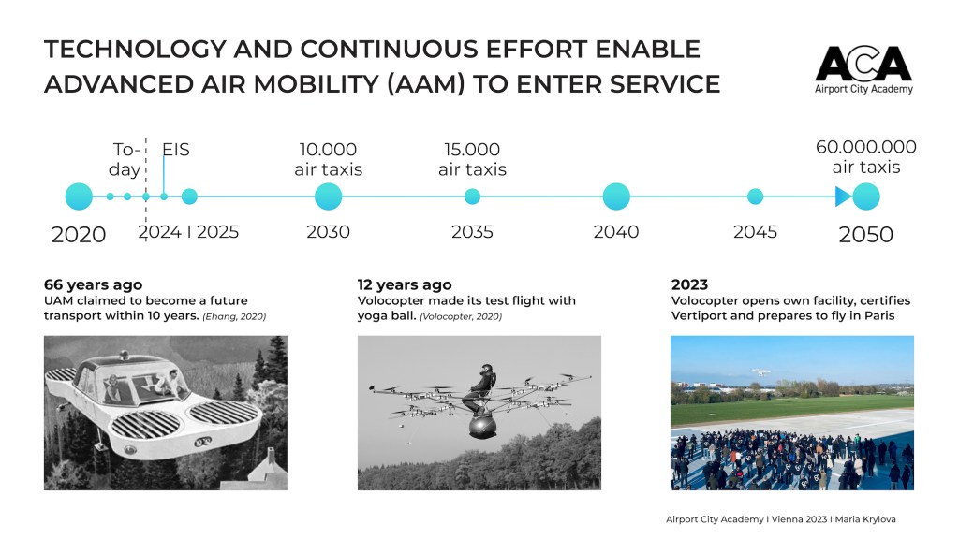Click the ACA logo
coord(863,69)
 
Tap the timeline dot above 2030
coord(329,197)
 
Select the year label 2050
coord(866,235)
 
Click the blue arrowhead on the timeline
coord(843,197)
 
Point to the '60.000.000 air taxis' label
coord(866,156)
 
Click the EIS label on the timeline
coord(176,150)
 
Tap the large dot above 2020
coord(79,197)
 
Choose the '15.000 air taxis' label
coord(472,159)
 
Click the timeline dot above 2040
coord(616,197)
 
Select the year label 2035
coord(472,232)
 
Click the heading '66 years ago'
coord(93,284)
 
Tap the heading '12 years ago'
coord(405,284)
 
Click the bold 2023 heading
coord(689,284)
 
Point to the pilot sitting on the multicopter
coord(479,388)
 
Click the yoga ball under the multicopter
coord(482,427)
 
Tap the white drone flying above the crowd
coord(760,371)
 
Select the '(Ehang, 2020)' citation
coord(234,316)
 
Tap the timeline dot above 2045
coord(756,197)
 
